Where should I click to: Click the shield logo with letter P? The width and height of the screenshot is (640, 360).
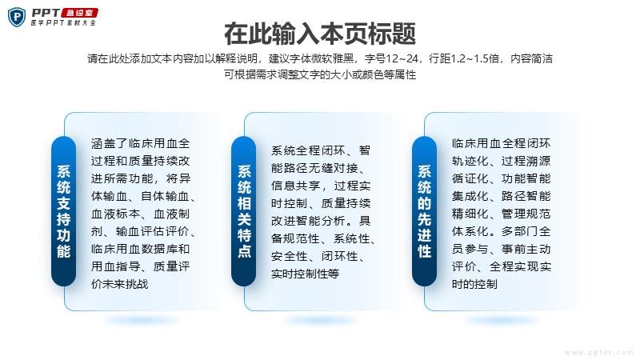coord(17,17)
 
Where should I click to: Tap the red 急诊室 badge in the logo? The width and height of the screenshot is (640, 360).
coord(79,13)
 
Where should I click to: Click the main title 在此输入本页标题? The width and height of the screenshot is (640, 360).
coord(320,34)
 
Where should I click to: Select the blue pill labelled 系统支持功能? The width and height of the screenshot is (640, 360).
coord(64,211)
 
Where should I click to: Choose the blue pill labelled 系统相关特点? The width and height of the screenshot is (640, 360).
coord(244,211)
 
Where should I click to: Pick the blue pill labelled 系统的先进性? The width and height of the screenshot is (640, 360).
coord(424,211)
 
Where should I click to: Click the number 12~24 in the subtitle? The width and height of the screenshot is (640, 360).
coord(402,58)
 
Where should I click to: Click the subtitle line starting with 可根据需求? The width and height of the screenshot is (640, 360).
coord(320,74)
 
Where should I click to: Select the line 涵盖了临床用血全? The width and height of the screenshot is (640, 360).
coord(141,143)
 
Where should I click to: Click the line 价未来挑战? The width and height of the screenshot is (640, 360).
coord(119,284)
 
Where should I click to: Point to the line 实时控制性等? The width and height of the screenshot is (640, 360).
coord(305,274)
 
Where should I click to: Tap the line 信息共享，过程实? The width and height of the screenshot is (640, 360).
coord(321,186)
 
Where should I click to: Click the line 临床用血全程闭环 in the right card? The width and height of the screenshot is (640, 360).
coord(502,143)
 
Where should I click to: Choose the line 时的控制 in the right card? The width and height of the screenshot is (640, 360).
coord(474,284)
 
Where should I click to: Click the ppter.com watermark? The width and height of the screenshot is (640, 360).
coord(598,352)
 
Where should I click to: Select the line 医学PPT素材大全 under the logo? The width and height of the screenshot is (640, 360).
coord(63,23)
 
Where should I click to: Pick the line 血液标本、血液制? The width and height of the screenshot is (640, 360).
coord(141,214)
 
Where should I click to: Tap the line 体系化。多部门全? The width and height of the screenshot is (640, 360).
coord(502,231)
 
